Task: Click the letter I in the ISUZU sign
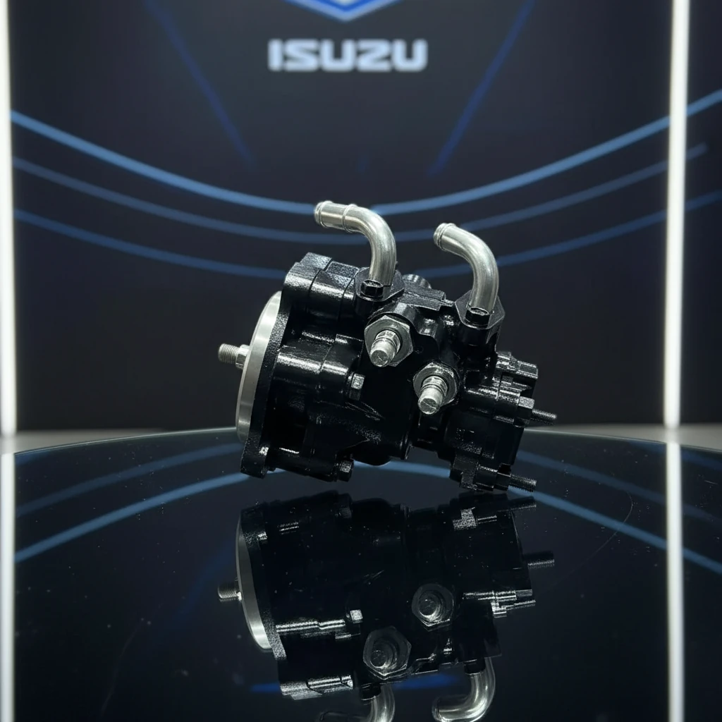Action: [x=274, y=55]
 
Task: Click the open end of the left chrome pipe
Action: [x=324, y=209]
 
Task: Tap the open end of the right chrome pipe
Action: [x=443, y=231]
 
